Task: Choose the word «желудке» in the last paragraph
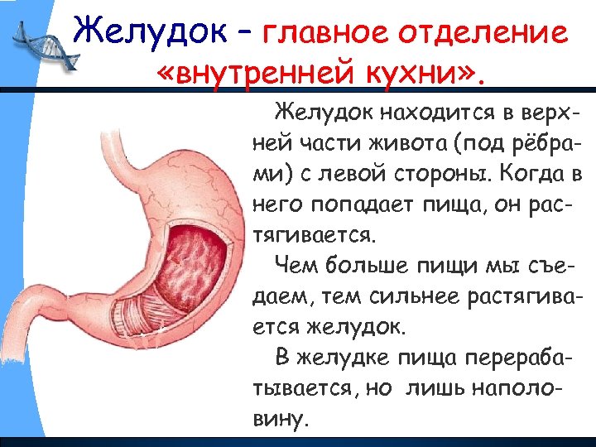pyautogui.click(x=355, y=358)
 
